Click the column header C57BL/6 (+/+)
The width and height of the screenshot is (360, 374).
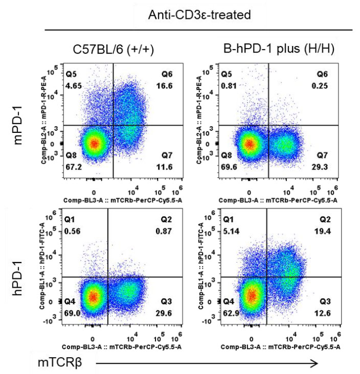pos(114,49)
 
